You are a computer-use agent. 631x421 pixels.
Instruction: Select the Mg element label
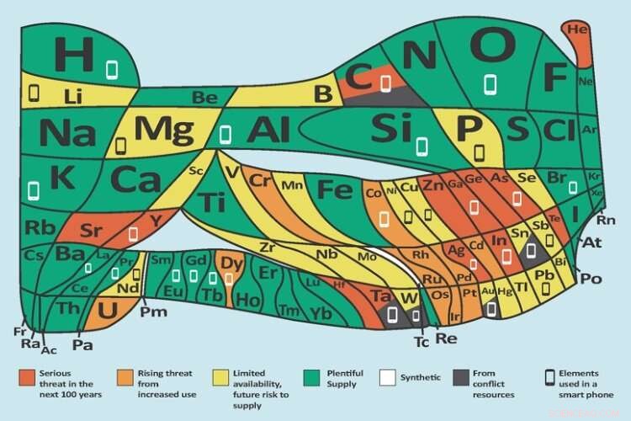[163, 131]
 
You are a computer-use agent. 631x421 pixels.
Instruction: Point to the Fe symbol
[335, 189]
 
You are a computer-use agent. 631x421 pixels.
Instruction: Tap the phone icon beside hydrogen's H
[112, 68]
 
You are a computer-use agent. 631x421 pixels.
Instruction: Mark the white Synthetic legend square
[387, 376]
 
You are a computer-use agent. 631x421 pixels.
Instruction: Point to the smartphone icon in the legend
[550, 376]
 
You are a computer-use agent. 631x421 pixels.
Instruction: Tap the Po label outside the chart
[591, 279]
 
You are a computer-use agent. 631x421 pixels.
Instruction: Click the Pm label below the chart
[154, 312]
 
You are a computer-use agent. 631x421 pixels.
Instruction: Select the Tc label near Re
[422, 342]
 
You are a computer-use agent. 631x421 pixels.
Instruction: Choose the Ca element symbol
[136, 179]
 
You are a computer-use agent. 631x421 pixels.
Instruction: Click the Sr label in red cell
[91, 230]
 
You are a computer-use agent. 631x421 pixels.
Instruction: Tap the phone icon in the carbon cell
[386, 83]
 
